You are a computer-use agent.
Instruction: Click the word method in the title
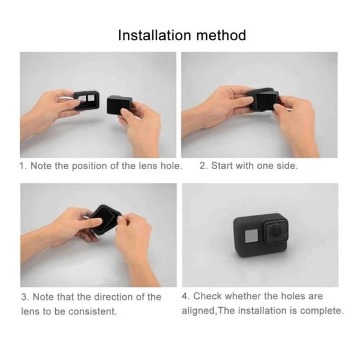(221, 35)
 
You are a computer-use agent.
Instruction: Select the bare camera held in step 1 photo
(120, 106)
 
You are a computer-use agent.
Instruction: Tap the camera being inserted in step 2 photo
(263, 100)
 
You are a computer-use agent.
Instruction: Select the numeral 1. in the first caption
(23, 166)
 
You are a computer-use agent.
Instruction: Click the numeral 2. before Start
(203, 166)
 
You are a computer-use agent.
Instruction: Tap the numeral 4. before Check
(185, 296)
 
